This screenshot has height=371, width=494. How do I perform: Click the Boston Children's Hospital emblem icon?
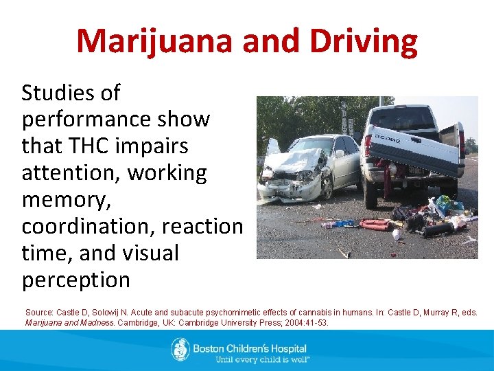coord(180,349)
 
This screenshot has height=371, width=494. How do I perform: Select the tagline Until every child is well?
coord(262,359)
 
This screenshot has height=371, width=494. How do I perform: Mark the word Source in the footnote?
coord(38,313)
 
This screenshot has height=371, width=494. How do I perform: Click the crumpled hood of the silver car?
coord(292,162)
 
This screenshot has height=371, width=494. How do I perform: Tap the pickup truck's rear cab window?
coord(401,117)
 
